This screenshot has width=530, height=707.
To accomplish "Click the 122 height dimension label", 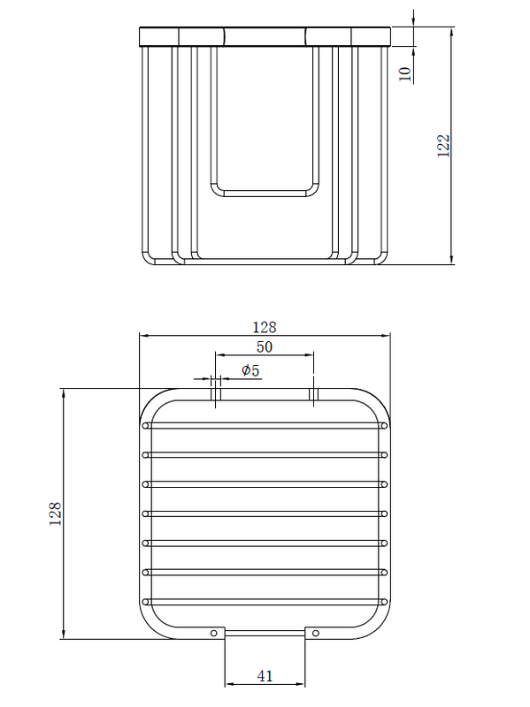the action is tap(444, 145).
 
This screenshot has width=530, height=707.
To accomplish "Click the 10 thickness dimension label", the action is tap(405, 73).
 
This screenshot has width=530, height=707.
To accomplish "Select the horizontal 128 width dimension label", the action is tap(265, 327).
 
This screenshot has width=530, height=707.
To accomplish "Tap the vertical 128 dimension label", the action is tap(55, 513).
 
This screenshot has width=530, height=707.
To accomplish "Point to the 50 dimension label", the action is tap(265, 346).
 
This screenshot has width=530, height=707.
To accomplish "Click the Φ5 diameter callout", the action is tap(250, 370).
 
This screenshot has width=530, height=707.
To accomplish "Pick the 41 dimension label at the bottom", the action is tap(265, 676).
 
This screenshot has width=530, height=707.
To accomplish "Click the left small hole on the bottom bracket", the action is tap(214, 633).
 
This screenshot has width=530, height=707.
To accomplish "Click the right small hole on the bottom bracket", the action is tap(316, 633).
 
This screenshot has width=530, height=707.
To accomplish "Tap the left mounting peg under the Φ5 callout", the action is tap(216, 394).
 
